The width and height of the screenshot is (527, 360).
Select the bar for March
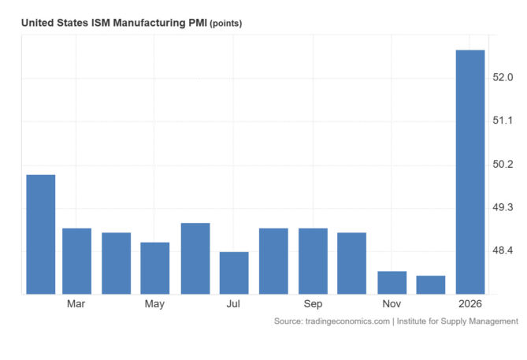[76, 261]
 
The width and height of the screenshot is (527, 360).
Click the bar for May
[155, 268]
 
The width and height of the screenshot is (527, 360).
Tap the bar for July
[234, 273]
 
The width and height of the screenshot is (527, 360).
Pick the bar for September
[313, 261]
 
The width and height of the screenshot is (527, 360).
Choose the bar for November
[392, 282]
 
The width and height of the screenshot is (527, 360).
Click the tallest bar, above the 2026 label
[470, 172]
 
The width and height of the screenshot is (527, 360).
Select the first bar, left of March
[41, 234]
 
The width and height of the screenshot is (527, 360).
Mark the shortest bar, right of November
[431, 284]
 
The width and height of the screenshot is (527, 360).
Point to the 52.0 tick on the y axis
[503, 78]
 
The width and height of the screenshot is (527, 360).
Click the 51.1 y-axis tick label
[503, 121]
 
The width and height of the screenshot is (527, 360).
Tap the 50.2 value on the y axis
[503, 165]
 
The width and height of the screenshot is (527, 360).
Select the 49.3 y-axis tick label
[503, 208]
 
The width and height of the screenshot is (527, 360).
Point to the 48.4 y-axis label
[503, 251]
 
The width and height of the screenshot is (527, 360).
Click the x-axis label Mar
[76, 304]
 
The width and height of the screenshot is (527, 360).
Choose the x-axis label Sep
[313, 304]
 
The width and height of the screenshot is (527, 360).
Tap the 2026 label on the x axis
[470, 304]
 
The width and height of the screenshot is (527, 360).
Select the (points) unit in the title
[225, 24]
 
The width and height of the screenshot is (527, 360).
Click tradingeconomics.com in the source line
[343, 321]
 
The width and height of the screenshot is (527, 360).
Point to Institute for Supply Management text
[458, 321]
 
